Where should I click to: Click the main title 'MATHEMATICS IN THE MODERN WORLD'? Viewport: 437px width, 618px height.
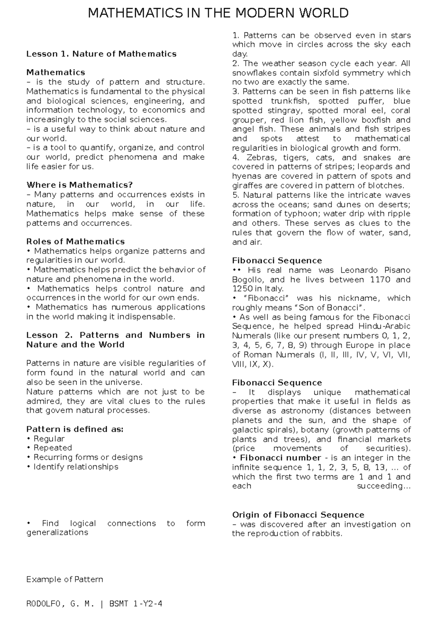click(219, 14)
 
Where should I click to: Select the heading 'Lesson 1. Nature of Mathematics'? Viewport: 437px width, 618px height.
click(101, 54)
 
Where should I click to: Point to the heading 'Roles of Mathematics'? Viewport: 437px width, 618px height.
click(75, 241)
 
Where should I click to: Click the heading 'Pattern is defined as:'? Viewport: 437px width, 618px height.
click(75, 429)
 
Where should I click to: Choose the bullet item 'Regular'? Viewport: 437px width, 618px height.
click(49, 439)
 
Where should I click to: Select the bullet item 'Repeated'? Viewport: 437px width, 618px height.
click(52, 448)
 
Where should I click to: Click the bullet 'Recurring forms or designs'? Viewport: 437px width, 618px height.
click(88, 457)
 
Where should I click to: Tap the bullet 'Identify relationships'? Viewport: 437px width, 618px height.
click(76, 467)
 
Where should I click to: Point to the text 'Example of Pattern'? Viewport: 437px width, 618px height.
click(65, 579)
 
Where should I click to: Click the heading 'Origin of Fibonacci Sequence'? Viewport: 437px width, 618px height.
click(298, 515)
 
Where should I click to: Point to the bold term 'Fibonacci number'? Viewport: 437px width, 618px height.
click(280, 458)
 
